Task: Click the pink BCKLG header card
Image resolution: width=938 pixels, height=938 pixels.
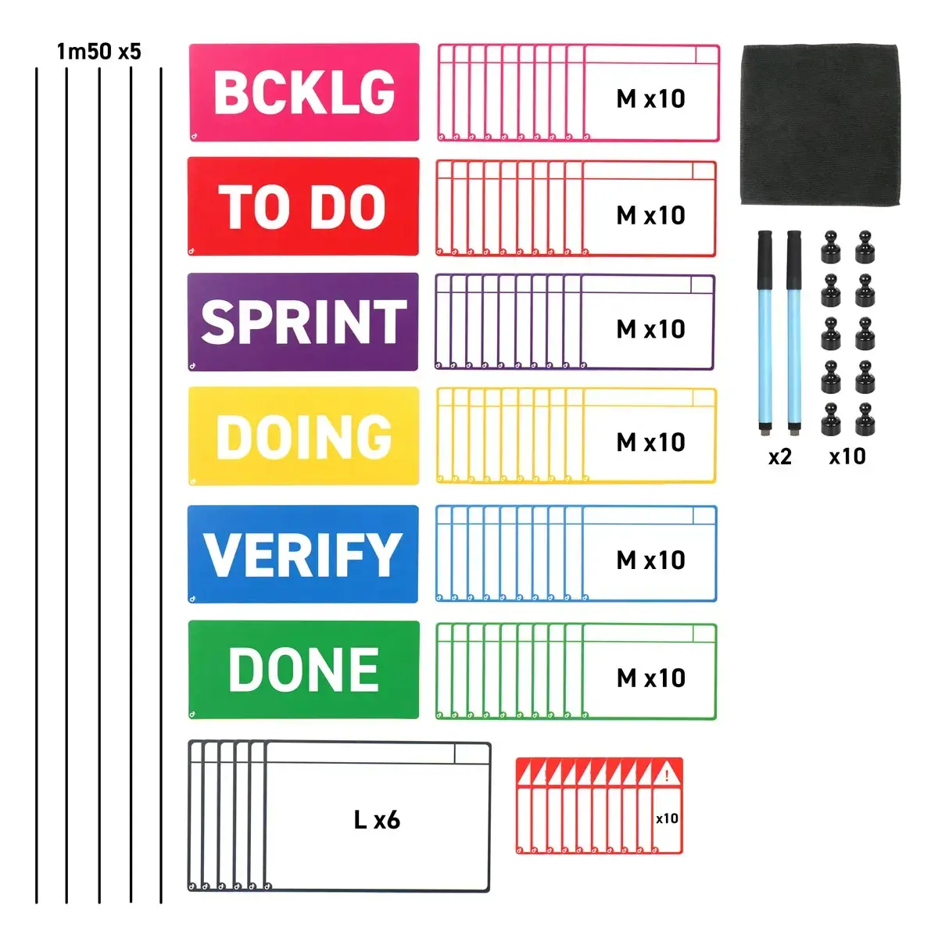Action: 304,92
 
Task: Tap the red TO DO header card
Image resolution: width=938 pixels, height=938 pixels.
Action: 303,206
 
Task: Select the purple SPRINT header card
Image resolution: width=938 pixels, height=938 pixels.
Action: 303,322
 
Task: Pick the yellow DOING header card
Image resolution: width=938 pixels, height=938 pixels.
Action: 304,436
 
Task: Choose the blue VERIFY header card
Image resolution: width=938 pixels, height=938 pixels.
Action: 303,554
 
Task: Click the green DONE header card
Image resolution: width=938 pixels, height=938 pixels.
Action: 304,670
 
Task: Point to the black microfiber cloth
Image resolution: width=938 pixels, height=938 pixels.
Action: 821,124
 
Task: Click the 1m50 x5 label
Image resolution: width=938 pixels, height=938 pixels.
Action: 98,52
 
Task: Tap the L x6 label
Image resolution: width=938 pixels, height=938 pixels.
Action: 377,820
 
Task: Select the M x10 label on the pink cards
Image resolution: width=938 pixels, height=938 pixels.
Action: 650,98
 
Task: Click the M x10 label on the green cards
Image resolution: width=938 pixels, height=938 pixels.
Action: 651,678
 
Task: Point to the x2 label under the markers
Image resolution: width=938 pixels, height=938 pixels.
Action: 780,456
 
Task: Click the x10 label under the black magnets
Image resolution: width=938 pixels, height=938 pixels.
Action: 847,456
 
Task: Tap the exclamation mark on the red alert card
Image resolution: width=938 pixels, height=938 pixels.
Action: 667,774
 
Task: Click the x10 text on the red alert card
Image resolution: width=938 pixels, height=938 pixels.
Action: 667,818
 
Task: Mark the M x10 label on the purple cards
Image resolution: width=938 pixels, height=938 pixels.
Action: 650,330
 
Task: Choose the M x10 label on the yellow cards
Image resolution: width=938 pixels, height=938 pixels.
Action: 650,442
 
